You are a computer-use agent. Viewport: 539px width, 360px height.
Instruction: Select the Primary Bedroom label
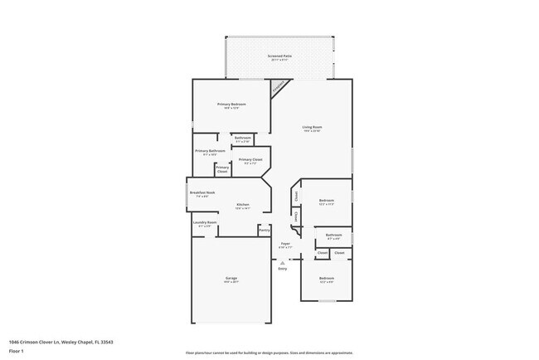(231, 105)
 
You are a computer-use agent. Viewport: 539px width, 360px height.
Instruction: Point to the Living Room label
(312, 127)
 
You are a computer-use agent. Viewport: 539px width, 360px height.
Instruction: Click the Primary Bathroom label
(210, 151)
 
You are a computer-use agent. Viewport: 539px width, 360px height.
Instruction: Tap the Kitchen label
(243, 204)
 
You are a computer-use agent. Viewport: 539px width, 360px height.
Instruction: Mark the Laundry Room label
(205, 222)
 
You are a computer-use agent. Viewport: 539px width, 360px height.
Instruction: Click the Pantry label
(264, 230)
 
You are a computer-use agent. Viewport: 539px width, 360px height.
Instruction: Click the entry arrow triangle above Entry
(282, 263)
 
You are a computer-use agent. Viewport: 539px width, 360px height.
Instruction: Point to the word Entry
(282, 269)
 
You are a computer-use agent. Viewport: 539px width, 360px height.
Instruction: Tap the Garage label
(231, 278)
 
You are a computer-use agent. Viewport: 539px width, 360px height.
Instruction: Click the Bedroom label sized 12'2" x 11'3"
(327, 200)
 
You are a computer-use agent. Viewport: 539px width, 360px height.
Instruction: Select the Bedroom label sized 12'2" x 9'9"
(327, 278)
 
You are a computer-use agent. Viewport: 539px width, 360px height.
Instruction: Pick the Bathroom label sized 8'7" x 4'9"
(333, 236)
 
